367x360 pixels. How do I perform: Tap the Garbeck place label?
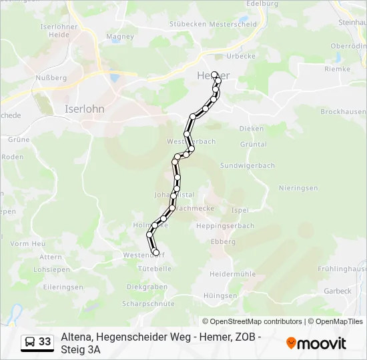click(x=337, y=291)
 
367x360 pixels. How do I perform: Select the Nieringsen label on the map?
click(x=298, y=188)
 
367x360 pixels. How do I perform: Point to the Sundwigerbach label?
click(x=247, y=165)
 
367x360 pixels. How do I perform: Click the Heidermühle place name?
click(x=232, y=274)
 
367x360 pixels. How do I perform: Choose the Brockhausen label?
click(x=344, y=112)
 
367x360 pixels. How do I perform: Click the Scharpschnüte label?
click(x=148, y=303)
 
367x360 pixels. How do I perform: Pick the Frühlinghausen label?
click(x=344, y=269)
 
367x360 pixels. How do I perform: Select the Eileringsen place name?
click(x=63, y=287)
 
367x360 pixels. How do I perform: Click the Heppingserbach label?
click(x=226, y=226)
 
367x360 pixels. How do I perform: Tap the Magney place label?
click(x=120, y=37)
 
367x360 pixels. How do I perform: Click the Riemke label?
click(x=337, y=69)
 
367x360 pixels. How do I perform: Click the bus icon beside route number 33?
click(x=30, y=342)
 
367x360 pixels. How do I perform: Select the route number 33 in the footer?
click(x=45, y=342)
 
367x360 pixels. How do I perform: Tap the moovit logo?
click(x=316, y=343)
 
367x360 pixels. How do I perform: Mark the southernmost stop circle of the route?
click(x=156, y=253)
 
